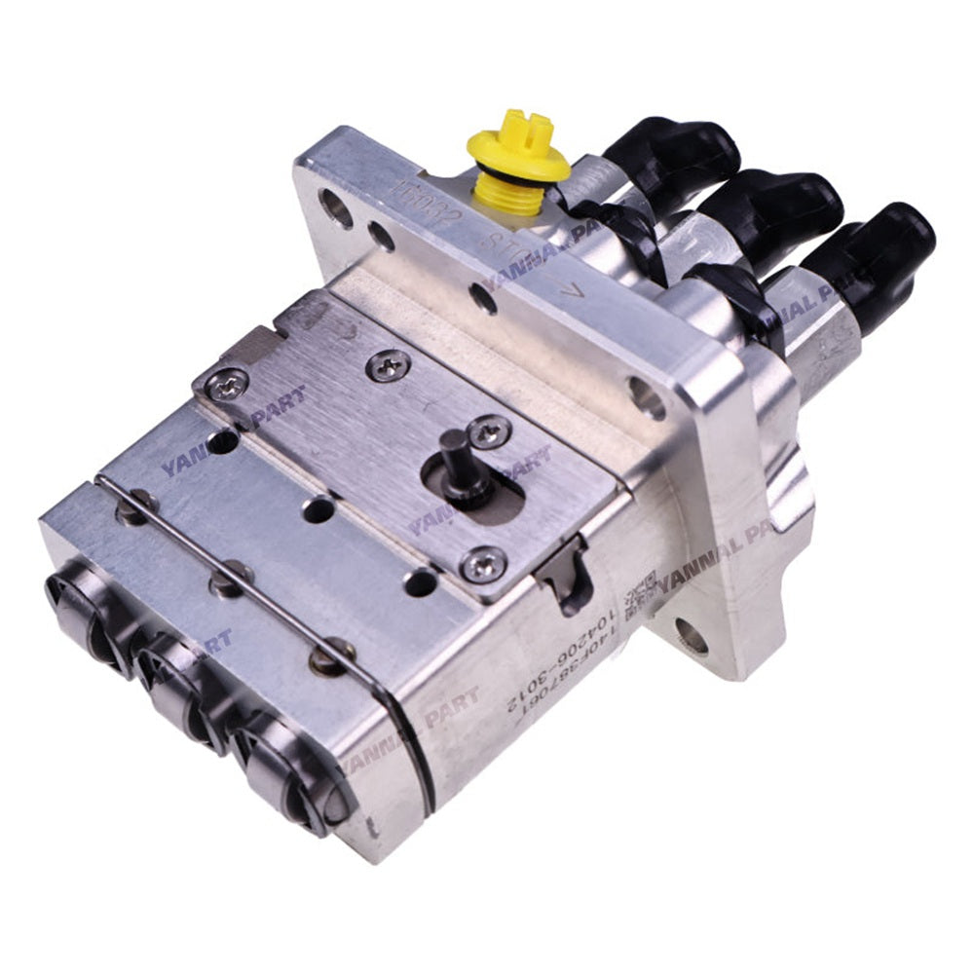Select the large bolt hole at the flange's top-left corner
click(335, 207)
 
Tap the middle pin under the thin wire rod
click(225, 583)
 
